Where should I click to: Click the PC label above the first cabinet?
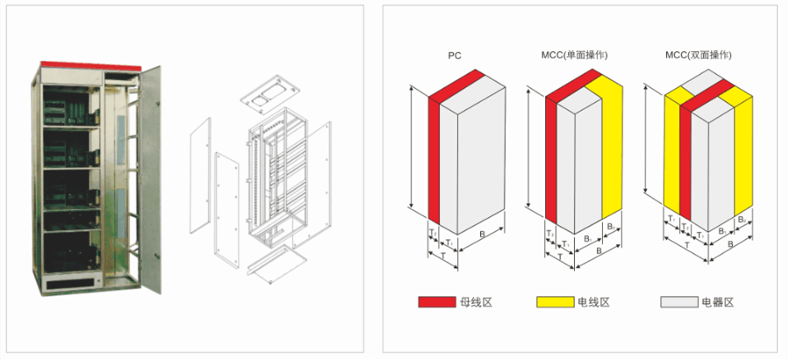(x=454, y=56)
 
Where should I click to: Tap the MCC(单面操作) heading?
(x=574, y=56)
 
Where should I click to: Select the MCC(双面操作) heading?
(x=699, y=56)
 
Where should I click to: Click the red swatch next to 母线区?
(x=437, y=302)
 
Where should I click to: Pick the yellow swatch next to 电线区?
(x=555, y=302)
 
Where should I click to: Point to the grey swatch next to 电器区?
(x=679, y=302)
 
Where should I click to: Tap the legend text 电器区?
(x=718, y=302)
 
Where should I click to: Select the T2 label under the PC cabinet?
(x=433, y=233)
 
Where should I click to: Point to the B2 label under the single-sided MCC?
(x=610, y=227)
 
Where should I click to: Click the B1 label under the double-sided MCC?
(x=722, y=232)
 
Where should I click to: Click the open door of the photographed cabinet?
(x=149, y=179)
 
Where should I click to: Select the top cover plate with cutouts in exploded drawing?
(x=270, y=96)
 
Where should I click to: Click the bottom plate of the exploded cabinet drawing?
(x=276, y=264)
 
